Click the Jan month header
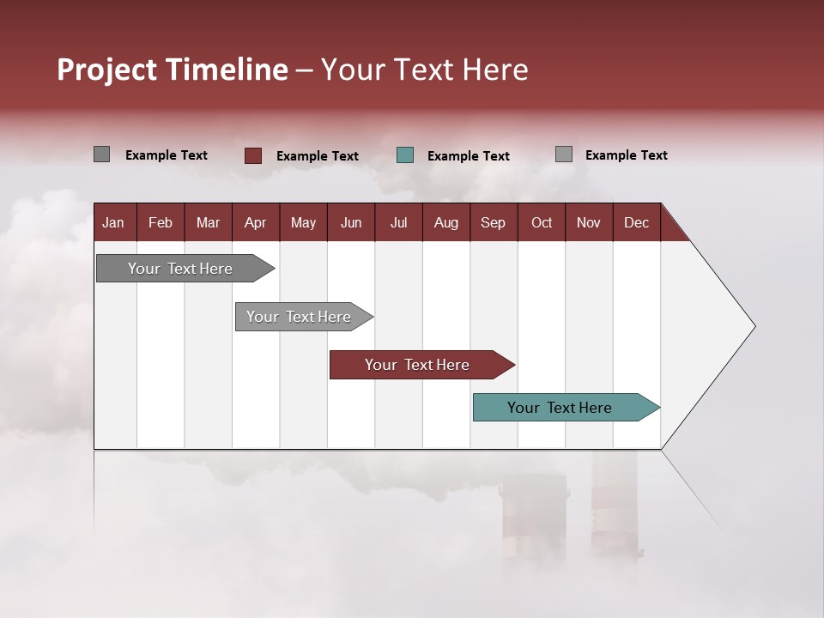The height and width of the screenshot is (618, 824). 113,222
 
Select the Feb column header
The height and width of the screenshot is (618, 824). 161,222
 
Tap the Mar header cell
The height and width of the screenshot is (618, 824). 208,222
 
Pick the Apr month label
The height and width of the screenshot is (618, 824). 256,222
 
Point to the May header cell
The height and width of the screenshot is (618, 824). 303,222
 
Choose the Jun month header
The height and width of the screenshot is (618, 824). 351,222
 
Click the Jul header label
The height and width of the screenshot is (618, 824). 398,222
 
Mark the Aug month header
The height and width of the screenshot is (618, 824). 446,222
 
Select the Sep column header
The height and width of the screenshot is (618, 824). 494,222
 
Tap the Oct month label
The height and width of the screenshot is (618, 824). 542,222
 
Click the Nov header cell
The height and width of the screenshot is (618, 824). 589,222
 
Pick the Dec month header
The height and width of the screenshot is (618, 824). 637,222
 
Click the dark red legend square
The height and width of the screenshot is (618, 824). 253,155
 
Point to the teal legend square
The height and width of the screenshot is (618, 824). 405,155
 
